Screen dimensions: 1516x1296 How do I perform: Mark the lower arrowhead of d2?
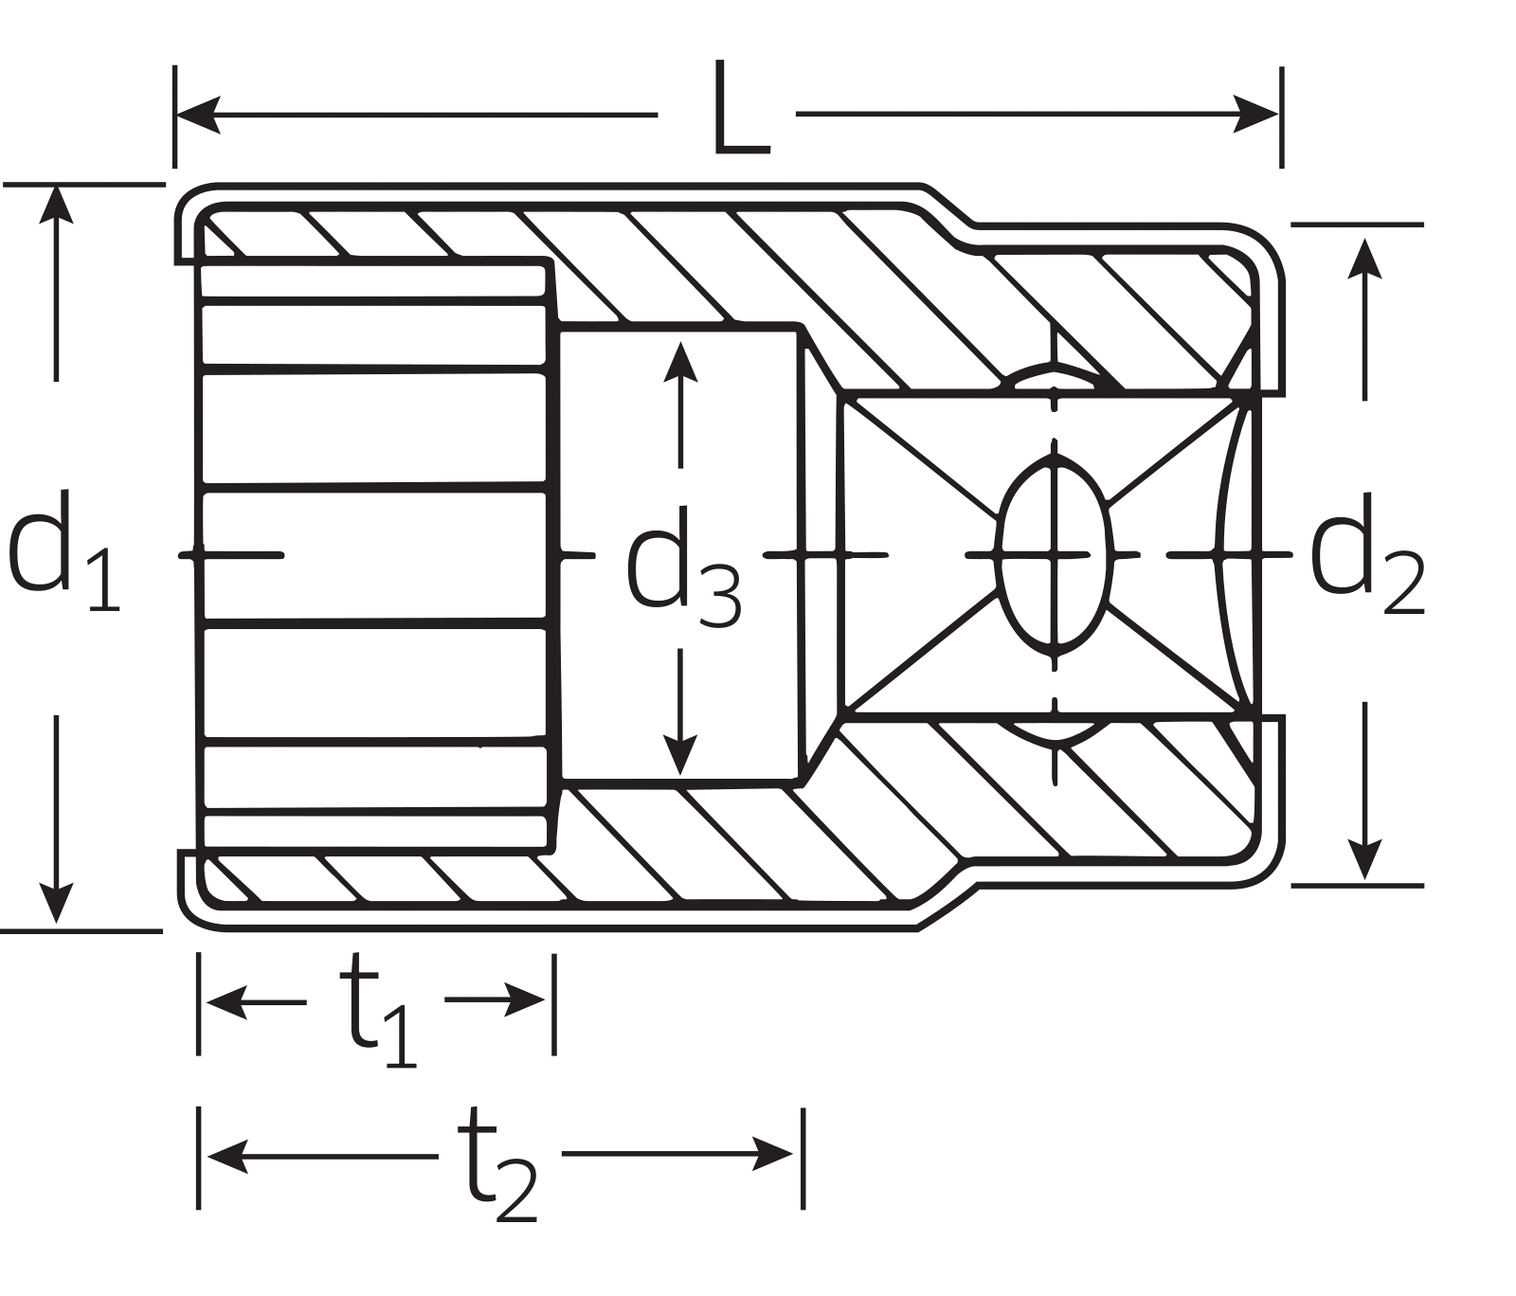pos(1363,859)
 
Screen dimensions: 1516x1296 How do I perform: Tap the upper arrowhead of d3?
pos(680,361)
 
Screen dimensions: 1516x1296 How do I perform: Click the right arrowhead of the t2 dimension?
pos(772,1153)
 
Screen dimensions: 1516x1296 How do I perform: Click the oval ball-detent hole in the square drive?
pos(1054,554)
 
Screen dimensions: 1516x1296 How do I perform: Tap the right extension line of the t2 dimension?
pos(803,1158)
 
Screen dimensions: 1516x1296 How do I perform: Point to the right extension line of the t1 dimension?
pos(554,1003)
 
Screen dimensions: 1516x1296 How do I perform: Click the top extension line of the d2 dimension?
pos(1357,225)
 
